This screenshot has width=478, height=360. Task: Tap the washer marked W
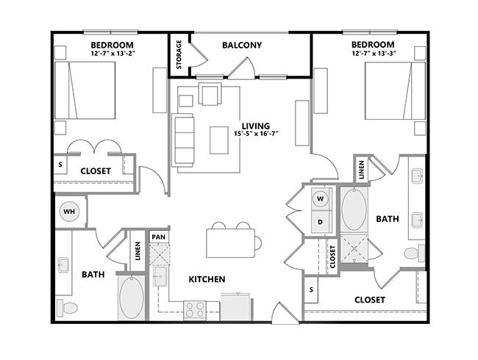point(321,198)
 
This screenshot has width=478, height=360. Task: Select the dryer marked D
point(321,221)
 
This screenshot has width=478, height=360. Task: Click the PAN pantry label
point(158,237)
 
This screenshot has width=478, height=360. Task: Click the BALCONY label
point(242,46)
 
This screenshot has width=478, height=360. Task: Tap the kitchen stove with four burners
point(194,309)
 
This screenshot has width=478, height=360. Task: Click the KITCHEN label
point(207,279)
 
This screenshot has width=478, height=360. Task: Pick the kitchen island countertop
point(231,241)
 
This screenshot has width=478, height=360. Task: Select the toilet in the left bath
point(69,307)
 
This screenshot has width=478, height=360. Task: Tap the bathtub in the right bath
point(353,211)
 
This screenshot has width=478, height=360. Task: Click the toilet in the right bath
point(413,253)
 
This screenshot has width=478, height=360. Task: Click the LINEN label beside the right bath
point(361,170)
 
